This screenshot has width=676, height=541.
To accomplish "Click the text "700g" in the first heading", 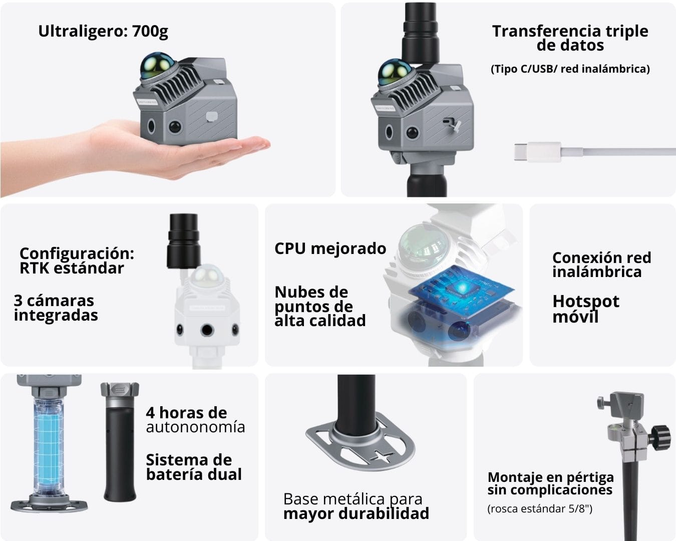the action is point(150,32).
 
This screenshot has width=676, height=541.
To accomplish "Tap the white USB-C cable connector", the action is point(537,152).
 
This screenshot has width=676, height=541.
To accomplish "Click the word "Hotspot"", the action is point(586,302).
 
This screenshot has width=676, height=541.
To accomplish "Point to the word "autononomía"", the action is point(195,427).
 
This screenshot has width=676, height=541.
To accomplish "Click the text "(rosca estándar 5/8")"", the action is point(540,508).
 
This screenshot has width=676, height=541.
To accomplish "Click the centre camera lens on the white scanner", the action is point(207,330).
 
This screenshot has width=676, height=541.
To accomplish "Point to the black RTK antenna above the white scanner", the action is point(184,241).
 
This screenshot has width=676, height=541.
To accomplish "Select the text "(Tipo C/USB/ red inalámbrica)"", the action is point(570,69).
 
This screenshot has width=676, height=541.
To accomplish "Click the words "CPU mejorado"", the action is point(330,248).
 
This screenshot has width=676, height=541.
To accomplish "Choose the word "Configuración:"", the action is point(77,253).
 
